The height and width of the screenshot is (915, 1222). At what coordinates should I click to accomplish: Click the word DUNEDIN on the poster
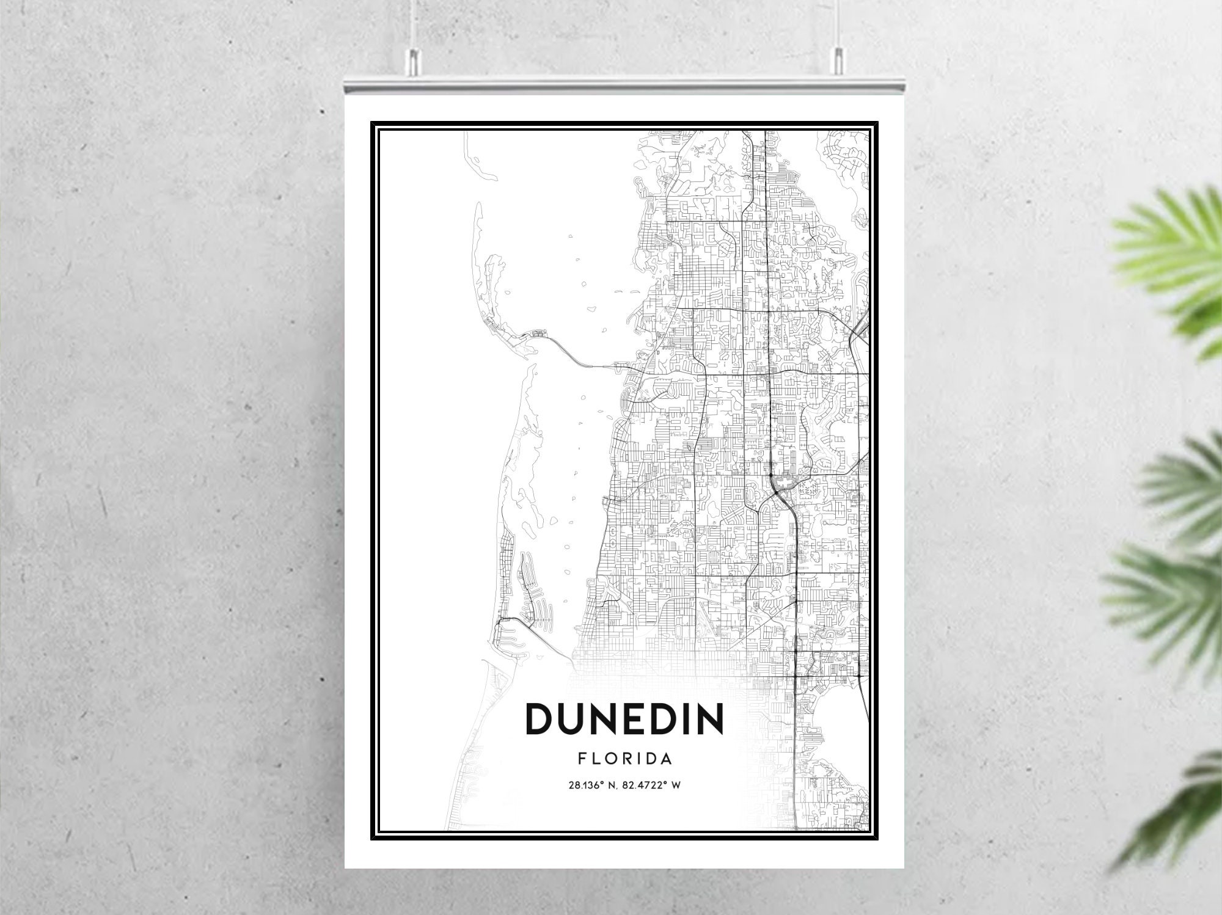pos(624,719)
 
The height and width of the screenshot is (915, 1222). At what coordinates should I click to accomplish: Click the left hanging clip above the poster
pos(414,59)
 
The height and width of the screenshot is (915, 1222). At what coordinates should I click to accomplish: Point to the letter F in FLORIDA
pos(581,759)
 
